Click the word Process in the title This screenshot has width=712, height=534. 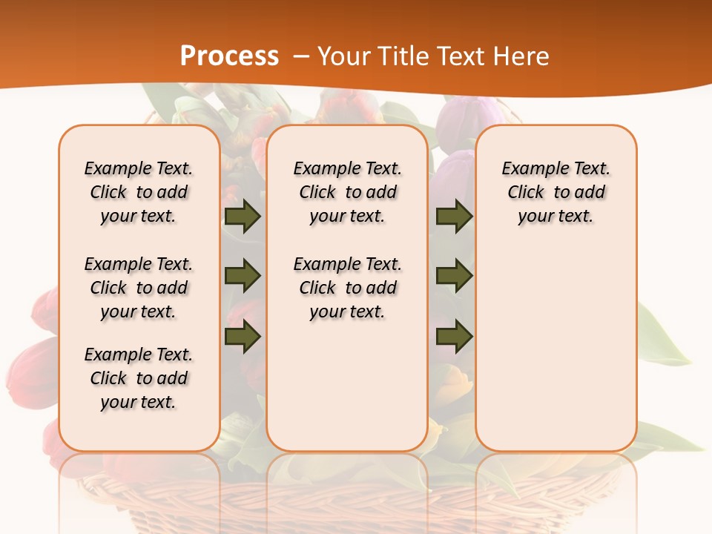[x=229, y=56]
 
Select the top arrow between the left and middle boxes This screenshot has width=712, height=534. [x=243, y=216]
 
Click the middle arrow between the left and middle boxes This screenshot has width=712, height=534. [x=243, y=276]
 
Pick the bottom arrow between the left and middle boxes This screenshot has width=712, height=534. [x=243, y=336]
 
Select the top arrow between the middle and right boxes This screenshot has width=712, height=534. [x=454, y=216]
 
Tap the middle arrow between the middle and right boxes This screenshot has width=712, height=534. [x=454, y=276]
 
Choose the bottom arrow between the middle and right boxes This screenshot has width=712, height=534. [x=454, y=336]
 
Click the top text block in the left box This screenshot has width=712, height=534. [x=139, y=192]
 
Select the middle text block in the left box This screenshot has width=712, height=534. [x=139, y=288]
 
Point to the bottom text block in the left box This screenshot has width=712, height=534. [x=139, y=378]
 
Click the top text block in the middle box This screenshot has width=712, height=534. [x=348, y=192]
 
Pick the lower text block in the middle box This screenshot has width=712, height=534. [x=348, y=288]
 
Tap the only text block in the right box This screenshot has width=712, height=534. [x=556, y=192]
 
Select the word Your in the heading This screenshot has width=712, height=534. [x=343, y=56]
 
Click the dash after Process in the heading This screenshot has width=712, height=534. [x=300, y=56]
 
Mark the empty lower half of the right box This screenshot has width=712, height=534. [x=556, y=356]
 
